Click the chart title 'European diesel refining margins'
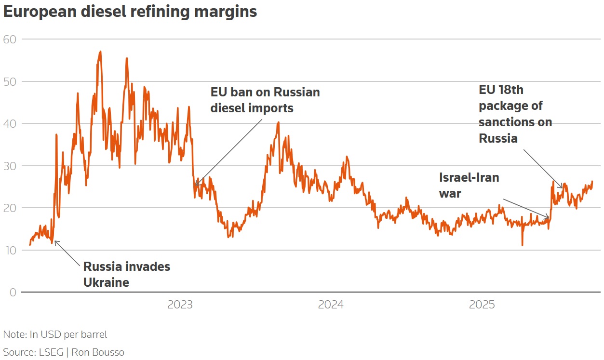(130, 12)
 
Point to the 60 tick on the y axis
(10, 39)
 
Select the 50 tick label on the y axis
(10, 81)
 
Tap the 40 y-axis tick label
(10, 123)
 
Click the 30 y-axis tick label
(10, 166)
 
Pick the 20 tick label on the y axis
(10, 208)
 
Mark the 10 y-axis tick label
(10, 250)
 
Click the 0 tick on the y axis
(13, 292)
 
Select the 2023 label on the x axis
(179, 305)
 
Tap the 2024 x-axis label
(331, 305)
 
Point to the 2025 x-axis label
(482, 305)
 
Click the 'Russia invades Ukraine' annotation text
(126, 274)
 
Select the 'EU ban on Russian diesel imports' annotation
(265, 100)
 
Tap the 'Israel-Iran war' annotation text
(469, 185)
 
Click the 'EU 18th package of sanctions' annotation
(515, 114)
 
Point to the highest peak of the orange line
(100, 51)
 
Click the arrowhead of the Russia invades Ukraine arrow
(55, 241)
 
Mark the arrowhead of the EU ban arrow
(195, 185)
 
